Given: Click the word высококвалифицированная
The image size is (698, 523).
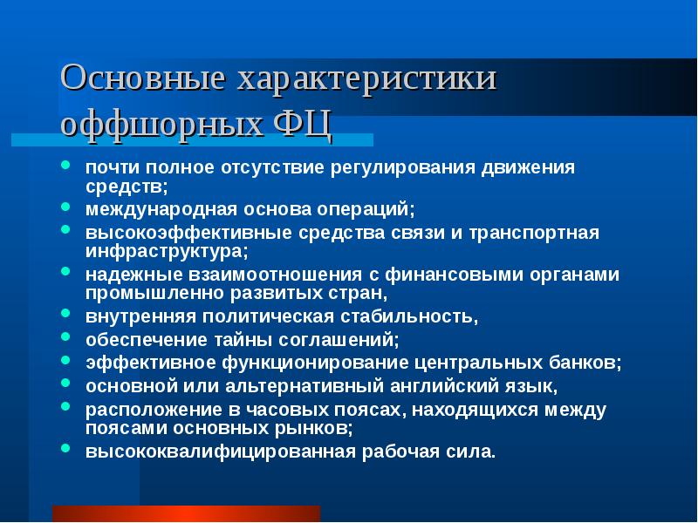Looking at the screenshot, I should coord(220,452).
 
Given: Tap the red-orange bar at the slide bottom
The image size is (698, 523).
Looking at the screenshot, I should coord(186,513).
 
